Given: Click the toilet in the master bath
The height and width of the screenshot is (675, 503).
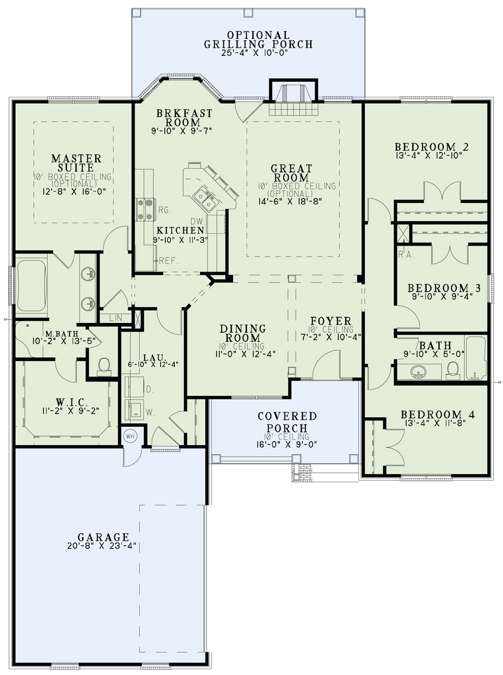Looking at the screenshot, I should pos(104,365).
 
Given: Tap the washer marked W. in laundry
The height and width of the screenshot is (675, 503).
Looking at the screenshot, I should pos(133,410).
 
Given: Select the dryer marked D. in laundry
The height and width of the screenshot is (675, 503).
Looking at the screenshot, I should pos(133,388).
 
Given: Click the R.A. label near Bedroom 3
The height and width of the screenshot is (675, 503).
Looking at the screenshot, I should pos(406,255).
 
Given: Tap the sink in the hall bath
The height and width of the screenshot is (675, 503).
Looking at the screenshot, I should pos(419,372).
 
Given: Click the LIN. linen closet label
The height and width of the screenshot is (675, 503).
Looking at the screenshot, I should pos(116,318).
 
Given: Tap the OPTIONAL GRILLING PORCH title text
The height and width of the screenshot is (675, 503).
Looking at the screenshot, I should pos(258,40).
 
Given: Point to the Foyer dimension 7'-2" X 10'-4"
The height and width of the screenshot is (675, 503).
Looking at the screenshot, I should pos(331,337).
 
